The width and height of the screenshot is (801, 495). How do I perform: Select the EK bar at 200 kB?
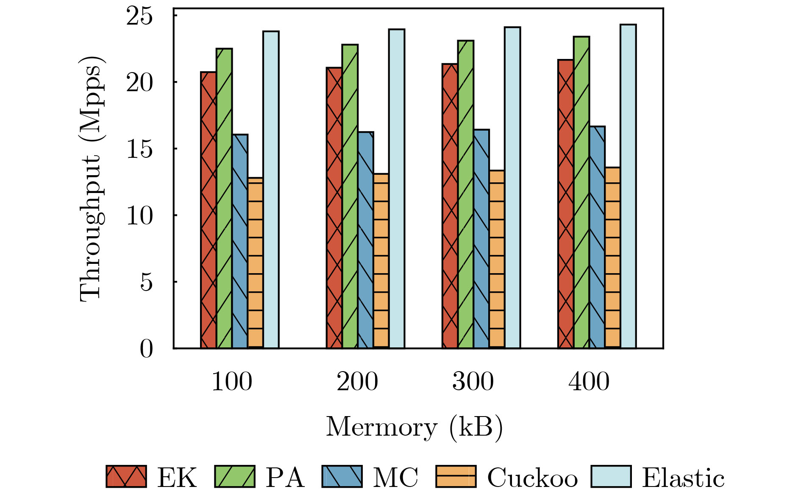(334, 208)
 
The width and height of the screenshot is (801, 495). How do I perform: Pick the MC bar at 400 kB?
(597, 237)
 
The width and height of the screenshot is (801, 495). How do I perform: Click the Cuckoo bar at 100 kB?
(255, 263)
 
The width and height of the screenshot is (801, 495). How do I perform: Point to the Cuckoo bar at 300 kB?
(497, 259)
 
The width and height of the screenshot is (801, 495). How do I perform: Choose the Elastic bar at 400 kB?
(628, 187)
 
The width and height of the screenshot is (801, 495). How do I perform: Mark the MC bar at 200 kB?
(365, 240)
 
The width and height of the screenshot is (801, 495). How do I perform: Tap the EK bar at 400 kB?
(566, 204)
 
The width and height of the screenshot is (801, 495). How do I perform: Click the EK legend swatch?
(126, 476)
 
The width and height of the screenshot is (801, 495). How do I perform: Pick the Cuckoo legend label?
(532, 478)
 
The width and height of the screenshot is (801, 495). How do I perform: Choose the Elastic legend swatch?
(611, 476)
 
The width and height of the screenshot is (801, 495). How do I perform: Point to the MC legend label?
(395, 478)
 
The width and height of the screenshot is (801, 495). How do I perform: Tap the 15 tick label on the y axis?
(139, 149)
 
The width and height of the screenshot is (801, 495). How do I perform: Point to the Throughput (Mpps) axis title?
(91, 178)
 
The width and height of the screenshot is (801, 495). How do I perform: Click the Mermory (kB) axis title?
(414, 428)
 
